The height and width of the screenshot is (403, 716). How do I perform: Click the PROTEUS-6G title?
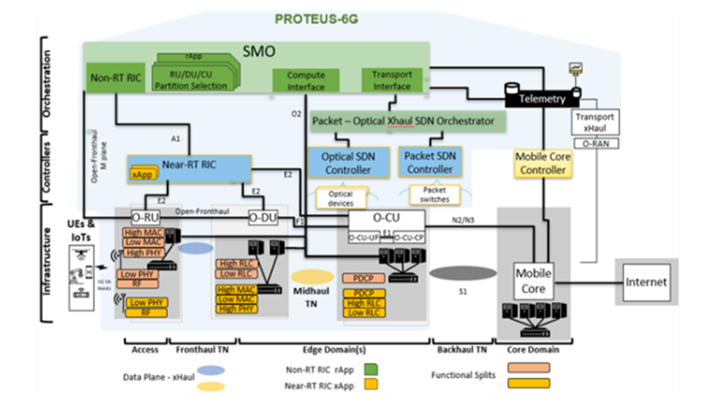316,19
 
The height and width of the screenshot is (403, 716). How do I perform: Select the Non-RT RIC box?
115,77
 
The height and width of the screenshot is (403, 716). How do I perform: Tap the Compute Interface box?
306,81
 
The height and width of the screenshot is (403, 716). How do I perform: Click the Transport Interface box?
392,80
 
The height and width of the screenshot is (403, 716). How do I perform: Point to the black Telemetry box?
542,99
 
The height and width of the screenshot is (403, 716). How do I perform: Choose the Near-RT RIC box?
189,168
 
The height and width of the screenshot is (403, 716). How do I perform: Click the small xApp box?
142,174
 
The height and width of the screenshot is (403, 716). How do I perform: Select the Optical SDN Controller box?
348,163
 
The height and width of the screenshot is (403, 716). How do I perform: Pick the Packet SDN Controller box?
430,162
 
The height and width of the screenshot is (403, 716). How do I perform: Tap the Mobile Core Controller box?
543,163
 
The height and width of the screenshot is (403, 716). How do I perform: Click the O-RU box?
145,217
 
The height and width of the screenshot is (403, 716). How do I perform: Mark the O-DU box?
263,217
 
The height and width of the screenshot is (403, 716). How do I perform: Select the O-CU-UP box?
364,237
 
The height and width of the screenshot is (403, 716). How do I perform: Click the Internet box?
646,282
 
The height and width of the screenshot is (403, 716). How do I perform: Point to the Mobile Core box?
533,281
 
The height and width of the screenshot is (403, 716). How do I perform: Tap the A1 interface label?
175,139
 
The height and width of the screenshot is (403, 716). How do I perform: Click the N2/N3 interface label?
463,220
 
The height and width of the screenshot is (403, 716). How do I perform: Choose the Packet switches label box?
434,195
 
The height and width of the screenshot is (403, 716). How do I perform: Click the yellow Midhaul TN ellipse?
312,277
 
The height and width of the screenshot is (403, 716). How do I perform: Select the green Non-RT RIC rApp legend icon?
371,370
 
